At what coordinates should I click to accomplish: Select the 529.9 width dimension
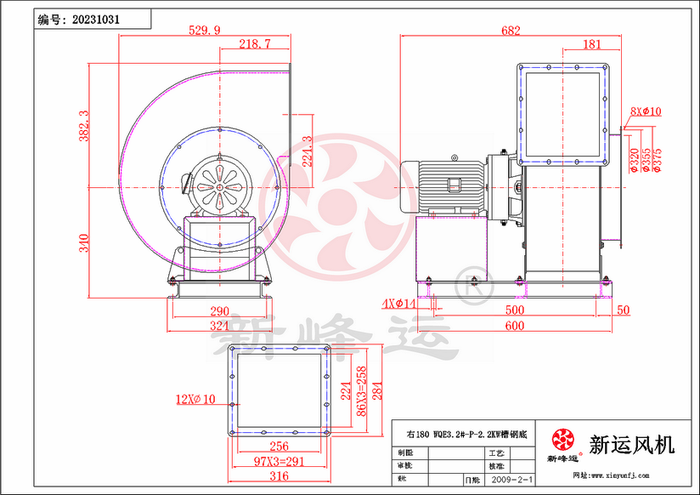point(204,30)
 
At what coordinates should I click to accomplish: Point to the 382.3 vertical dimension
point(83,125)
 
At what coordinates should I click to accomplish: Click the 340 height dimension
point(83,243)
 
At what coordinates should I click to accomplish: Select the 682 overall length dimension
point(511,31)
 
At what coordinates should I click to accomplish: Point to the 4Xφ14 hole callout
point(398,304)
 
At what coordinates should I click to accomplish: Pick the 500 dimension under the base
point(515,310)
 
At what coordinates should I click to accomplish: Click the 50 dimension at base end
point(623,310)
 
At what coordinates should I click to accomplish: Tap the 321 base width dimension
point(221,325)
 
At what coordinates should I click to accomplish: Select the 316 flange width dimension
point(278,475)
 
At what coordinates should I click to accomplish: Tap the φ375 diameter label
point(658,160)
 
